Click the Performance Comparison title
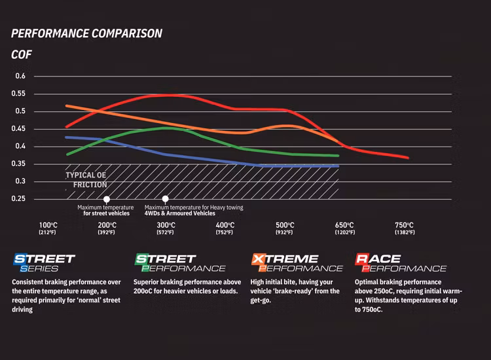pos(87,33)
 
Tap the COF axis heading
pos(22,54)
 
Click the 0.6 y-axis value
pos(20,76)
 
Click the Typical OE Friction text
pos(86,180)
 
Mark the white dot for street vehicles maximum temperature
pos(107,199)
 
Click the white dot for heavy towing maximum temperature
pos(166,199)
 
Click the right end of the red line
pos(408,158)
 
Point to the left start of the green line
pos(66,154)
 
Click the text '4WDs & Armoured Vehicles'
pos(179,213)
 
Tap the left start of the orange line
pos(66,105)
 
